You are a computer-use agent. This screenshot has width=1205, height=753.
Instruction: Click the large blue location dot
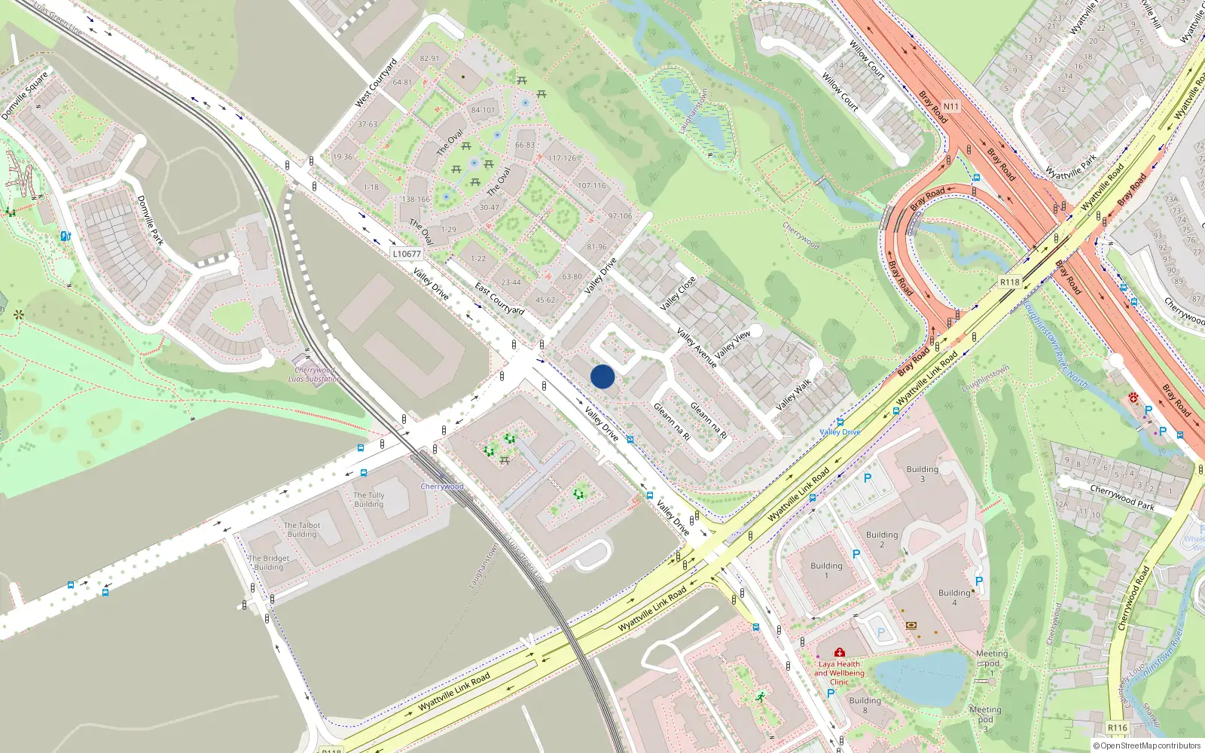pos(602,376)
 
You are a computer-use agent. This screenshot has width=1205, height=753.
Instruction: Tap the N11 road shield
pos(951,106)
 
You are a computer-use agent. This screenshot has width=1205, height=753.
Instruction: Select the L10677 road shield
pos(407,254)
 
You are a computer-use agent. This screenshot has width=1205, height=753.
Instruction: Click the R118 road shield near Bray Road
pos(1009,282)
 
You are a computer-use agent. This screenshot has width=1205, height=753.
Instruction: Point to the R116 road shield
pos(1117,727)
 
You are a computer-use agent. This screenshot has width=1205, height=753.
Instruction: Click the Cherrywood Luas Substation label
pos(315,374)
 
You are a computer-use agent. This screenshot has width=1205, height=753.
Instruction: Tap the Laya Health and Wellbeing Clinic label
pos(839,673)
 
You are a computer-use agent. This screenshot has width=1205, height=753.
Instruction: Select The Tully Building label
pos(369,499)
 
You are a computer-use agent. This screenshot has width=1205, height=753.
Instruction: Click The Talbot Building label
pos(302,529)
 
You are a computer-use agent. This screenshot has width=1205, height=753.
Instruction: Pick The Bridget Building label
pos(269,562)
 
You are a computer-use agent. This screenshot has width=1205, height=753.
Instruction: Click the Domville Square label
pos(25,95)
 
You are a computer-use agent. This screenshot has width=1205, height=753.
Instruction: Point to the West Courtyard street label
pos(376,83)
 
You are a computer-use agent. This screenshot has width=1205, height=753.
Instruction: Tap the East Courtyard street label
pos(499,298)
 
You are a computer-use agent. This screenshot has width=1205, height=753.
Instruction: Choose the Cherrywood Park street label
pos(1122,497)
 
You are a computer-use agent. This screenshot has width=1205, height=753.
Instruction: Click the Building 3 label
pos(922,474)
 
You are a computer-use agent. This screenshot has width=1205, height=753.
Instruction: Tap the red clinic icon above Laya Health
pos(839,652)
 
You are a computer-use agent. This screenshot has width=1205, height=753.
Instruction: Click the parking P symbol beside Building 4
pos(978,581)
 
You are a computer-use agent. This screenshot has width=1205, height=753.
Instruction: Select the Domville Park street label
pos(150,220)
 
